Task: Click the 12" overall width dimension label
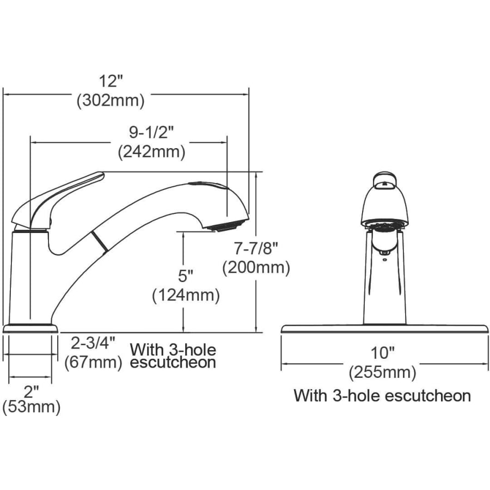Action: tap(111, 81)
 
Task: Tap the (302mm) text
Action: tap(111, 101)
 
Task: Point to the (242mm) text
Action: tap(151, 152)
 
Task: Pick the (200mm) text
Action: tap(256, 268)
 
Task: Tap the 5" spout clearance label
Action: tap(186, 276)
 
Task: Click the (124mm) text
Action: tap(186, 295)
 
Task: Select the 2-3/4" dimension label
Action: tap(94, 343)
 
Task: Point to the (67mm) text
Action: tap(93, 363)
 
